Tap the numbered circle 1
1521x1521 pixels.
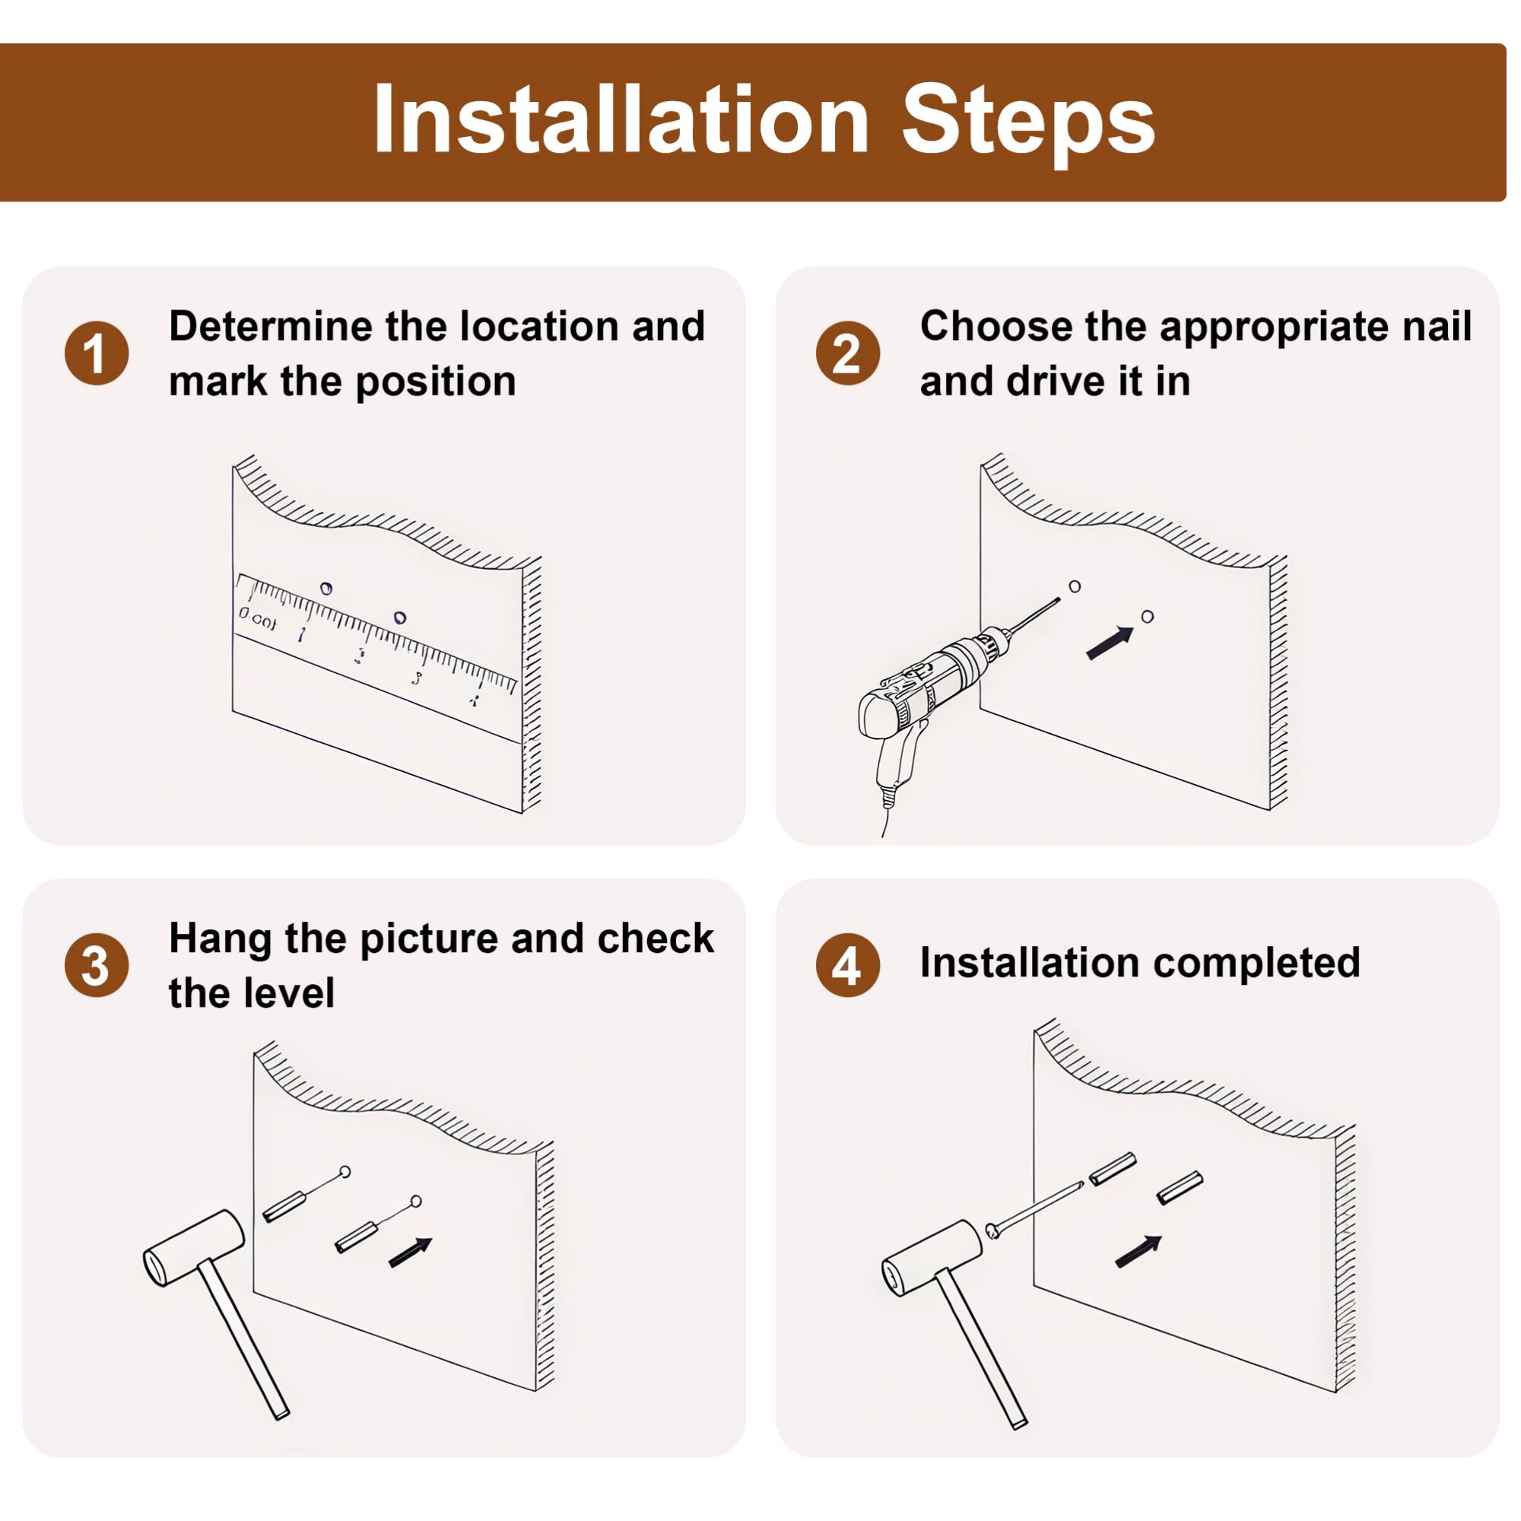point(96,354)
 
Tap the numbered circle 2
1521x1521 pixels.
point(848,354)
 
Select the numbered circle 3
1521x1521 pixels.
point(96,966)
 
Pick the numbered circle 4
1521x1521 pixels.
point(848,966)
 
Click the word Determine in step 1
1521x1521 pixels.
point(270,327)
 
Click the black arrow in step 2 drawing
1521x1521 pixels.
point(1110,643)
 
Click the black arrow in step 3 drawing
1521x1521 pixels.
point(410,1253)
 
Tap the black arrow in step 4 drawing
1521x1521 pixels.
point(1138,1251)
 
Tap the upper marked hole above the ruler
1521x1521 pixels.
point(326,588)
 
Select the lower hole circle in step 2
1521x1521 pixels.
point(1147,617)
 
